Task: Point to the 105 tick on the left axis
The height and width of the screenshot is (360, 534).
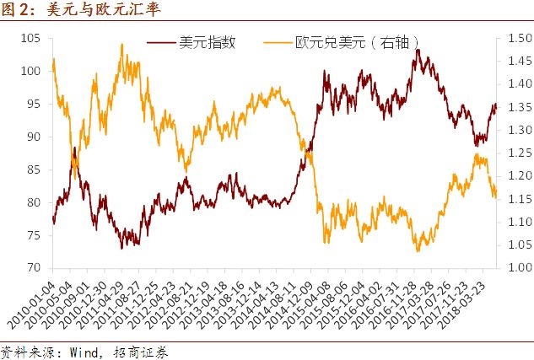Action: pos(31,39)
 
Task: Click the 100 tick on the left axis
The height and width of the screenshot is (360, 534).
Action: pos(31,72)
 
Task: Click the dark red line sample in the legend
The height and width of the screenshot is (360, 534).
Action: pos(161,42)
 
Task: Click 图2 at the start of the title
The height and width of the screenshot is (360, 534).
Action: pos(17,11)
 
